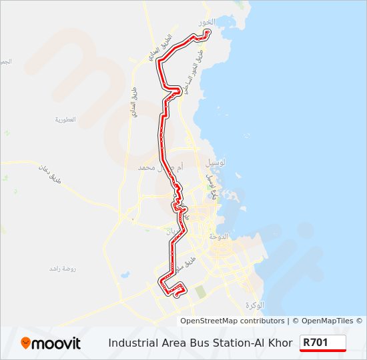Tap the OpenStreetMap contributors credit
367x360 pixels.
pos(232,321)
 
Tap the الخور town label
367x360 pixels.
pos(204,22)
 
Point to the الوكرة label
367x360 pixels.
pos(254,305)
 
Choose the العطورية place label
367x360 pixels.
pos(66,120)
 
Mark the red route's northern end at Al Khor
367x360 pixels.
pos(207,32)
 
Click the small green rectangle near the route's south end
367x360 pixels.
pos(201,291)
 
